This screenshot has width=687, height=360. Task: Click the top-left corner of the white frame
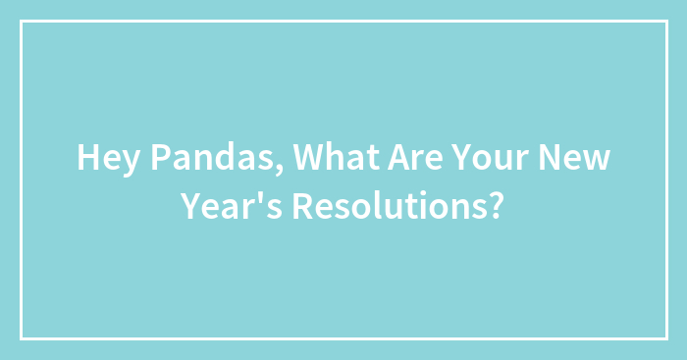pyautogui.click(x=22, y=22)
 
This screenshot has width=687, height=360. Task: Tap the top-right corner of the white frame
pyautogui.click(x=665, y=22)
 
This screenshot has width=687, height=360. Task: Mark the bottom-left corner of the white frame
pyautogui.click(x=22, y=338)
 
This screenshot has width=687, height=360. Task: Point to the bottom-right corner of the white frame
pyautogui.click(x=665, y=338)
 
